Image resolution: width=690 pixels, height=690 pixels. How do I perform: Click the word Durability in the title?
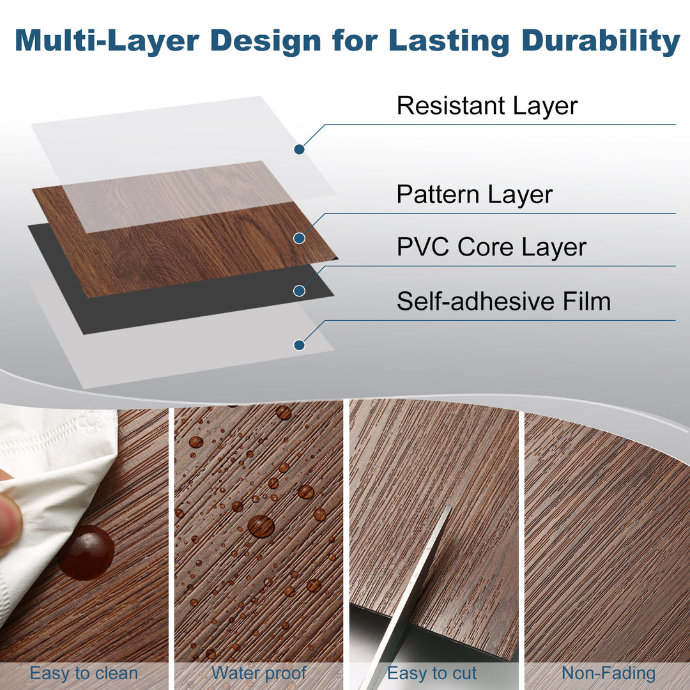click(x=601, y=40)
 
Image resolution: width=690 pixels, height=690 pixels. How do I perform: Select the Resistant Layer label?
click(x=487, y=106)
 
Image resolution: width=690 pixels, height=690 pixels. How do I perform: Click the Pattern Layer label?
click(x=474, y=194)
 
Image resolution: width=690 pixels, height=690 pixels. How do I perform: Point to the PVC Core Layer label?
click(x=491, y=247)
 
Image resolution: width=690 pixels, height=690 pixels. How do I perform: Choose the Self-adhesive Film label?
click(x=503, y=301)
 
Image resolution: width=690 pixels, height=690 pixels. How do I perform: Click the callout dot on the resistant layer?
click(x=298, y=149)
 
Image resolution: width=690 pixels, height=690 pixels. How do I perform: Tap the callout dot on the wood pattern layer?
click(x=298, y=238)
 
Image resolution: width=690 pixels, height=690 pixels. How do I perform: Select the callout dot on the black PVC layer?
click(x=298, y=291)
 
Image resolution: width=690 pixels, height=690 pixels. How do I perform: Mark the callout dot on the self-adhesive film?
click(x=298, y=345)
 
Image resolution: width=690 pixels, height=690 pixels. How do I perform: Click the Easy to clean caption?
click(x=84, y=673)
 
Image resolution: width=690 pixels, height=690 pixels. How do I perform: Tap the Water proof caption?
click(x=259, y=673)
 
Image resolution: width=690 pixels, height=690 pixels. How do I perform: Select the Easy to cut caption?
click(x=432, y=673)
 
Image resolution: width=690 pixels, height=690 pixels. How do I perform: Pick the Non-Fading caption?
click(x=608, y=673)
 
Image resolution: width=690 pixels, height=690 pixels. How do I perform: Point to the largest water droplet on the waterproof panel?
click(x=261, y=526)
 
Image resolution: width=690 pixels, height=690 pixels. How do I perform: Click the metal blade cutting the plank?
click(x=409, y=594)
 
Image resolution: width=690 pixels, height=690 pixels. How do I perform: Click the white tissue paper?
click(x=57, y=473)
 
